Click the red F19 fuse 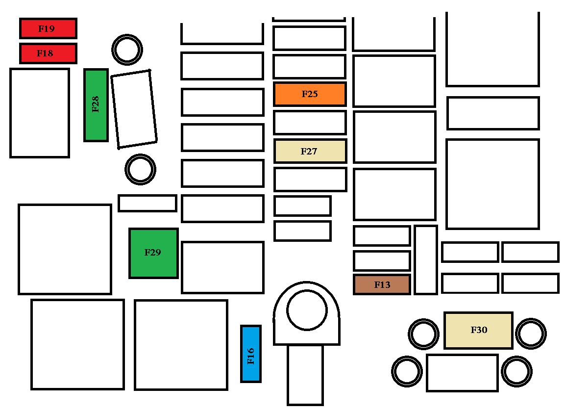click(x=48, y=28)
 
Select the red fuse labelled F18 click(x=48, y=53)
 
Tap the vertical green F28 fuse click(x=96, y=105)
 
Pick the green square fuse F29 click(x=153, y=253)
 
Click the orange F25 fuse click(x=310, y=94)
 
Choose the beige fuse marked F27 click(x=310, y=151)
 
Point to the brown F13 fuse click(x=382, y=284)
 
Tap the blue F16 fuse click(x=251, y=354)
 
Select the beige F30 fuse click(x=479, y=330)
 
